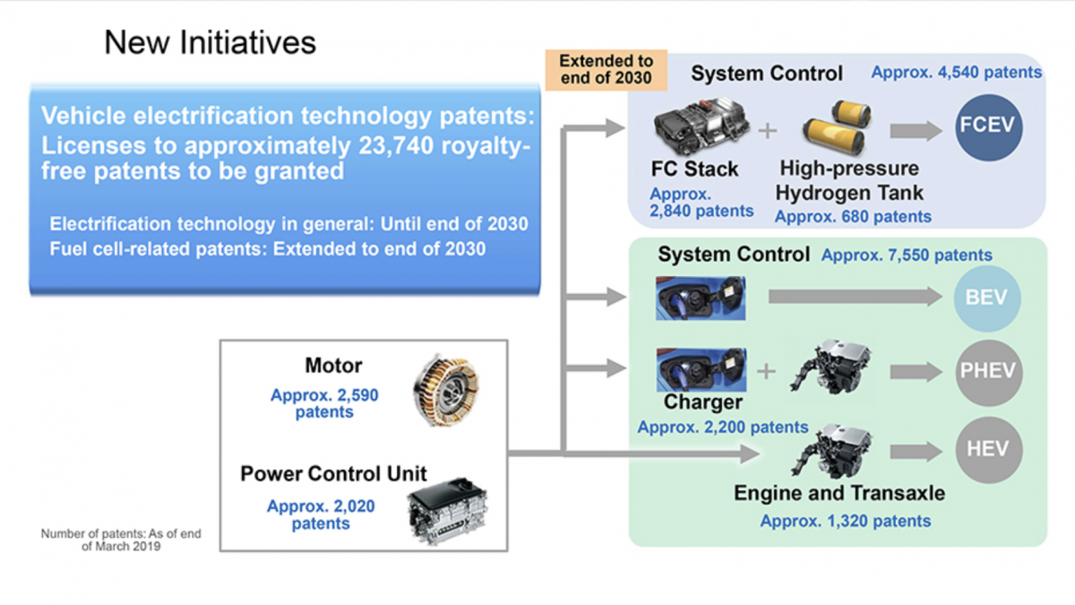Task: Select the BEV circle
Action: click(987, 298)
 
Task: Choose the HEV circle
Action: click(987, 448)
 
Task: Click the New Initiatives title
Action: click(210, 42)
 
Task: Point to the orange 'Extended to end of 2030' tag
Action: click(606, 70)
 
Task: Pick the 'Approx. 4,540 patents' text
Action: click(957, 72)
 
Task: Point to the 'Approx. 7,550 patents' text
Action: click(907, 255)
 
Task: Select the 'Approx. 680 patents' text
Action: click(853, 216)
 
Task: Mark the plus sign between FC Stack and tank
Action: click(767, 131)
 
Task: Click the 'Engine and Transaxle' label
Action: click(839, 493)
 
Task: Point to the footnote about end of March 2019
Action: click(121, 540)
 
